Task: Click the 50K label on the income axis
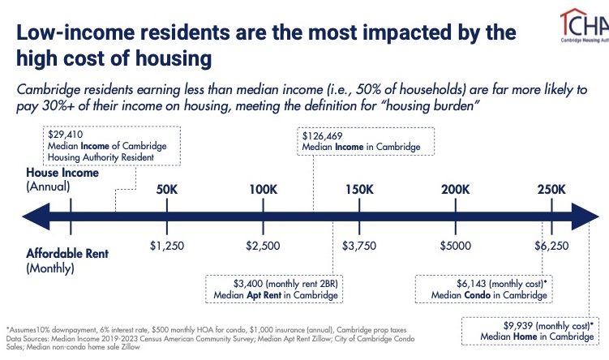pyautogui.click(x=166, y=190)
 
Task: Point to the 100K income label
pyautogui.click(x=263, y=190)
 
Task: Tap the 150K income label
pyautogui.click(x=359, y=190)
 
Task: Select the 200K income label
pyautogui.click(x=455, y=190)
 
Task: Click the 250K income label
pyautogui.click(x=551, y=190)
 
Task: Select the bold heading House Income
pyautogui.click(x=62, y=173)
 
